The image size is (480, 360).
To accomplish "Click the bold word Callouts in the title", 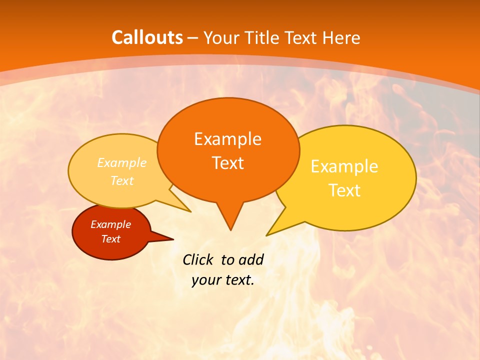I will pyautogui.click(x=147, y=37).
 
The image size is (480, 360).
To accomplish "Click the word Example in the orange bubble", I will pyautogui.click(x=227, y=139).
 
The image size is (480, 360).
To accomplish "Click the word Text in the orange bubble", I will pyautogui.click(x=227, y=163).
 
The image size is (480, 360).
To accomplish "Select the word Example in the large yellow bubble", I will pyautogui.click(x=344, y=166).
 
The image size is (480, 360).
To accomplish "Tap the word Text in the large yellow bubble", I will pyautogui.click(x=344, y=190).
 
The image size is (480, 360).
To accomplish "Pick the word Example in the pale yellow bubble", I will pyautogui.click(x=122, y=163).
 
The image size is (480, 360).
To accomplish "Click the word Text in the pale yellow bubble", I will pyautogui.click(x=122, y=181).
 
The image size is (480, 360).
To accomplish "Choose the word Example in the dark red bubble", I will pyautogui.click(x=110, y=224).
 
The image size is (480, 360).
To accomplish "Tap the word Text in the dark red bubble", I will pyautogui.click(x=110, y=239).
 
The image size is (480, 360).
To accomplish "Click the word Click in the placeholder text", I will pyautogui.click(x=198, y=259).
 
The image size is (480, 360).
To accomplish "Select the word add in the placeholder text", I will pyautogui.click(x=251, y=259).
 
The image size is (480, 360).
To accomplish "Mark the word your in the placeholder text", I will pyautogui.click(x=205, y=280).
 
